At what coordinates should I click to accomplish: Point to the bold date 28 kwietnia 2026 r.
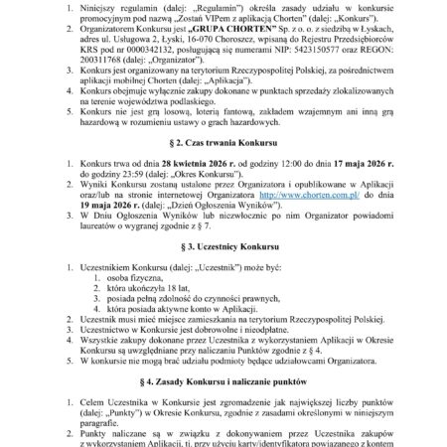pos(167,171)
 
